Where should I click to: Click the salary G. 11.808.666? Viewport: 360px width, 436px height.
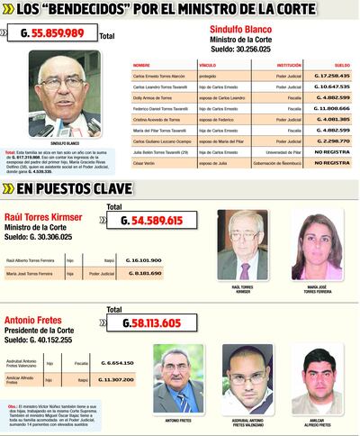[330, 108]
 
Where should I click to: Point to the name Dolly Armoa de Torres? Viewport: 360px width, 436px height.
[154, 98]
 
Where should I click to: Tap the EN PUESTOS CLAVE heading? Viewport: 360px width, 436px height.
[76, 189]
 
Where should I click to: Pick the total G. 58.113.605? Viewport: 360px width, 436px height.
[150, 322]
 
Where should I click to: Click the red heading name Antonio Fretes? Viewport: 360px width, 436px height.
[35, 321]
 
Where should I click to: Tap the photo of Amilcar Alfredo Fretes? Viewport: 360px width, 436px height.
[317, 377]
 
